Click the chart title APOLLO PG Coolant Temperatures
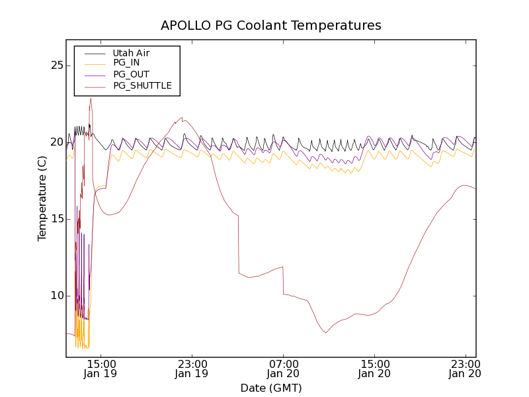click(x=271, y=25)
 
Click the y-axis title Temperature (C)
click(x=42, y=198)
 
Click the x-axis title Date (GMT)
click(x=271, y=388)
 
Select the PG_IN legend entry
click(x=126, y=63)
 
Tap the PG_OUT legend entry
click(x=131, y=74)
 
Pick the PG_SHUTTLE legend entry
click(x=142, y=85)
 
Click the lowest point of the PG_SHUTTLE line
click(x=325, y=332)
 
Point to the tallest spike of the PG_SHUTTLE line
click(x=91, y=99)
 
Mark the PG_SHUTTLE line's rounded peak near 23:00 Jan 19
click(x=183, y=118)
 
